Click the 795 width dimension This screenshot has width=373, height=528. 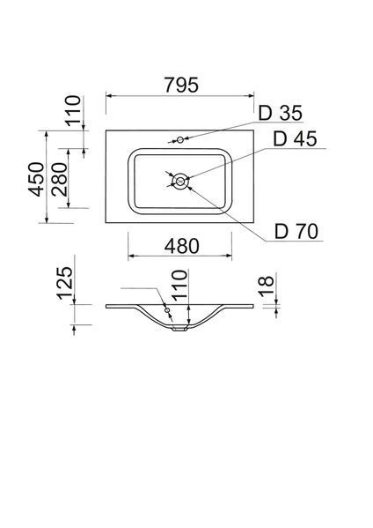[x=181, y=85]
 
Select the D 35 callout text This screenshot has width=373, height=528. [x=281, y=113]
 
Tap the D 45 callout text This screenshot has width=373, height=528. [x=295, y=138]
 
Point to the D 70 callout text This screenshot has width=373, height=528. [x=296, y=231]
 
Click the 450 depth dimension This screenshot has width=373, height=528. [x=36, y=179]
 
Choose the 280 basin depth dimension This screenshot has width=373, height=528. [x=60, y=179]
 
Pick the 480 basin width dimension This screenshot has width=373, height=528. [x=181, y=246]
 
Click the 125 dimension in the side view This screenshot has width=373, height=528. [x=64, y=283]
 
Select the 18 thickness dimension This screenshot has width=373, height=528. [x=267, y=286]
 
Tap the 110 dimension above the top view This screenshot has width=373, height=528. [x=73, y=111]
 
